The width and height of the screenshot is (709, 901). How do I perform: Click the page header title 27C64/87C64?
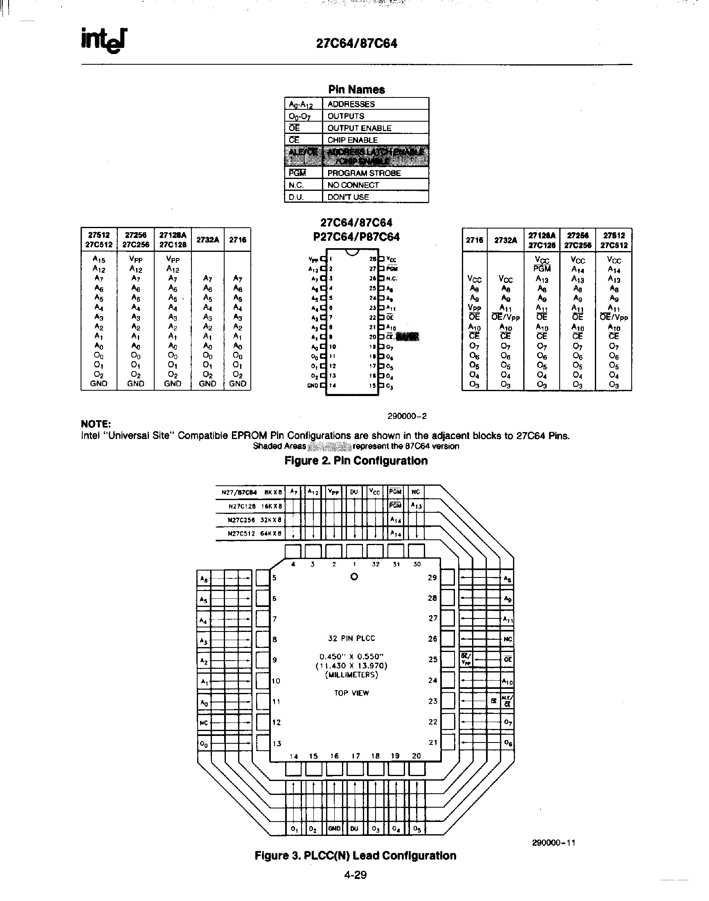click(x=357, y=43)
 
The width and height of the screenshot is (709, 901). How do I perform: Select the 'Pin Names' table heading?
click(x=356, y=89)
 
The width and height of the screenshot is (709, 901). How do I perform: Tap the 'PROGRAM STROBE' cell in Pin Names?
click(x=364, y=173)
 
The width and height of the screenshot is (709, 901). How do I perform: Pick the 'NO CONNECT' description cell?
click(x=353, y=185)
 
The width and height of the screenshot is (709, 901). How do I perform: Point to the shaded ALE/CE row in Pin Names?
click(x=356, y=156)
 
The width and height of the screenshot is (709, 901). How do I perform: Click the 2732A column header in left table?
click(x=207, y=240)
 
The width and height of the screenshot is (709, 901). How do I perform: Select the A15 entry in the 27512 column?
click(x=99, y=260)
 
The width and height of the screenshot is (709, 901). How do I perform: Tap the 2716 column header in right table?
click(x=474, y=240)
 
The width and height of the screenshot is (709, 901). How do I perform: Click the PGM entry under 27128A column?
click(x=542, y=269)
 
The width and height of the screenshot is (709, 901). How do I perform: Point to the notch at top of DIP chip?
click(x=352, y=252)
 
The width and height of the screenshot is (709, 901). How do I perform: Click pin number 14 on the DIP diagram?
click(x=333, y=385)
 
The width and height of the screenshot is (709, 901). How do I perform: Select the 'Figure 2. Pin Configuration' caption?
click(x=356, y=460)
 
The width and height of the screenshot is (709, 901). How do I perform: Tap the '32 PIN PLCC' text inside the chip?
click(x=351, y=638)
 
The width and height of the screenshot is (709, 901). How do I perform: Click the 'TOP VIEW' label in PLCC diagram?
click(x=351, y=693)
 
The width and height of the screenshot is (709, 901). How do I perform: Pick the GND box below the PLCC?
click(x=334, y=828)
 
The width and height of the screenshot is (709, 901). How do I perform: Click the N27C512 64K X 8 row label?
click(x=255, y=534)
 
